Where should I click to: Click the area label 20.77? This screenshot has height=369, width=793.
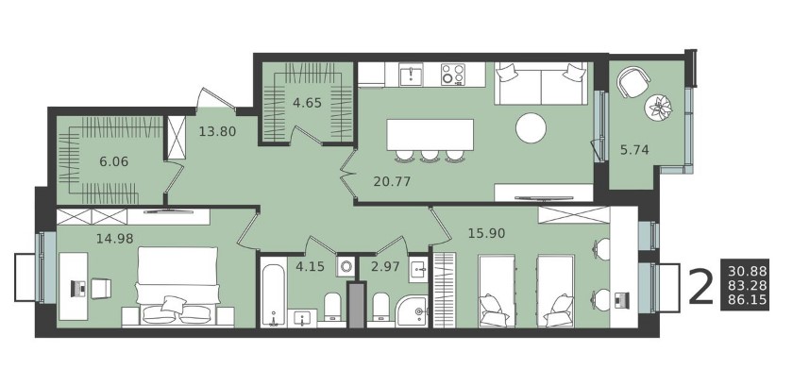[392, 181]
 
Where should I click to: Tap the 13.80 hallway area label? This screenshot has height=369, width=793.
[217, 132]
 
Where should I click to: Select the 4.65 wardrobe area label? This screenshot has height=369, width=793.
[307, 103]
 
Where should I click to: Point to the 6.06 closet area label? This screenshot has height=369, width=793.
[114, 161]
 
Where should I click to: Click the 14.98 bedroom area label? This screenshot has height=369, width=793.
[115, 238]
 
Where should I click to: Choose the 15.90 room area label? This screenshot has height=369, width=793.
[486, 233]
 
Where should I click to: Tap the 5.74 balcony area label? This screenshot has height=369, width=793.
[634, 149]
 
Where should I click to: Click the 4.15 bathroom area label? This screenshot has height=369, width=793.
[309, 266]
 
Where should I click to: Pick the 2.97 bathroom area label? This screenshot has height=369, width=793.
[385, 266]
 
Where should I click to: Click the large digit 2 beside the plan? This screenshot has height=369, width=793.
[700, 288]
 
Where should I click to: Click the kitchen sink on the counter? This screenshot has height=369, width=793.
[411, 75]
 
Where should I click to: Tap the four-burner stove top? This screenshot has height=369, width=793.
[452, 75]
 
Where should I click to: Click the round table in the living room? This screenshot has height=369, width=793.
[531, 127]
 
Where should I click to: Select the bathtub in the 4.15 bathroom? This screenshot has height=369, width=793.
[275, 293]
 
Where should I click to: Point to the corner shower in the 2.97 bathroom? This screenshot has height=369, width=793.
[413, 310]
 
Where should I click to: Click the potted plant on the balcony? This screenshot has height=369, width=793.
[659, 108]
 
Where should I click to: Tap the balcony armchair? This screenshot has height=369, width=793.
[633, 82]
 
